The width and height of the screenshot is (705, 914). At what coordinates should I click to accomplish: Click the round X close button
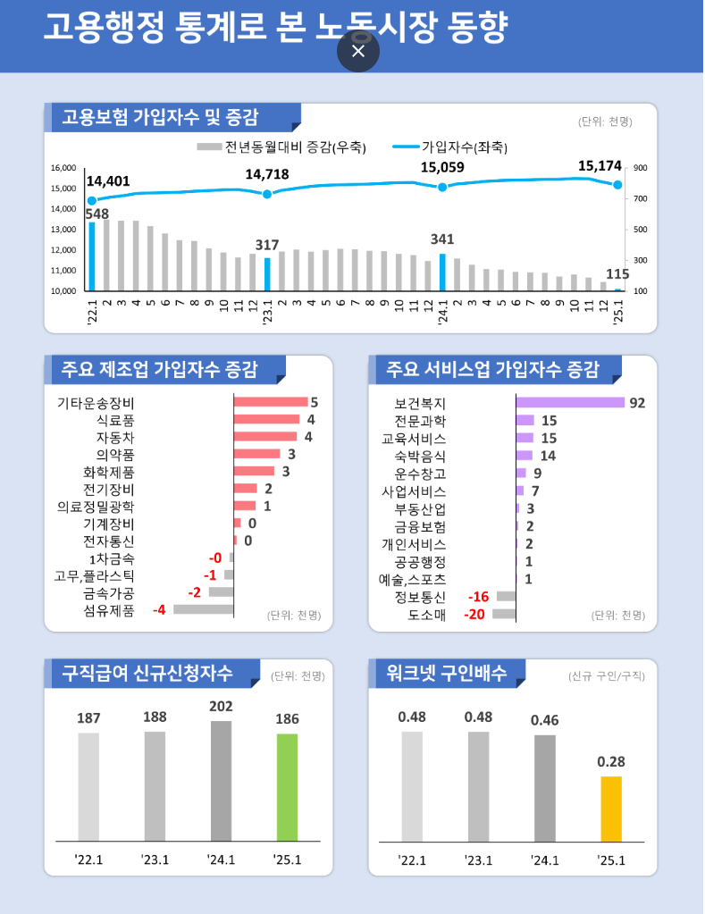tap(358, 51)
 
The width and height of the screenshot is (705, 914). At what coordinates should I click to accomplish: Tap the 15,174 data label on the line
tap(600, 165)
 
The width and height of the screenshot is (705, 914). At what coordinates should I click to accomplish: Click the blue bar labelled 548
tap(91, 256)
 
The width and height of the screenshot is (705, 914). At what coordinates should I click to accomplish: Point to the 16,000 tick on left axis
tap(63, 168)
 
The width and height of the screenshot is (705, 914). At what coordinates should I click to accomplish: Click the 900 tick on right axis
tap(641, 168)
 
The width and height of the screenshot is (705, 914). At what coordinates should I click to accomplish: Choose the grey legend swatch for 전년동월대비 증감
tap(209, 147)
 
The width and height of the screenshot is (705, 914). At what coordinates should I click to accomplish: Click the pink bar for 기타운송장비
tap(270, 402)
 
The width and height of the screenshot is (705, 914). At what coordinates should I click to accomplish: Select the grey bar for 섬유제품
tap(203, 609)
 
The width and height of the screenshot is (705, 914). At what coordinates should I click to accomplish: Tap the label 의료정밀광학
tap(97, 507)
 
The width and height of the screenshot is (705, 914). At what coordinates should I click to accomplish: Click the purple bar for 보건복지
tap(570, 403)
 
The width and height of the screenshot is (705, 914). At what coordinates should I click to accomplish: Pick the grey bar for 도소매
tap(504, 614)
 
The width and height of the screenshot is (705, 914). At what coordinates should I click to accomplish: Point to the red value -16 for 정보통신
tap(478, 597)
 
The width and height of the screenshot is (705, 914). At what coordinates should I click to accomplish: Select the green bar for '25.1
tap(287, 787)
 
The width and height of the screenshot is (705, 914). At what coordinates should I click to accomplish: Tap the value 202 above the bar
tap(221, 707)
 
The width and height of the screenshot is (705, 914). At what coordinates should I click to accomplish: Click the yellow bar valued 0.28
tap(611, 809)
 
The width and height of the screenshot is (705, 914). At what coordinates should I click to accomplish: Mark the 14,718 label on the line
tap(267, 174)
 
